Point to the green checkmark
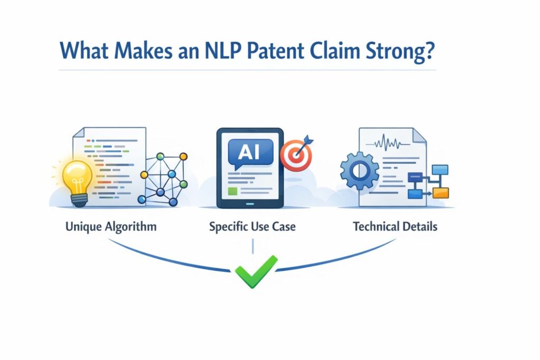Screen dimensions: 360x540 click(256, 271)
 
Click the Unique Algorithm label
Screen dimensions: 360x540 click(111, 227)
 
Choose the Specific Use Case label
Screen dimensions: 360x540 click(252, 227)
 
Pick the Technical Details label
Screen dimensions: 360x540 click(395, 227)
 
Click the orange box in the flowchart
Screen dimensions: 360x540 click(440, 193)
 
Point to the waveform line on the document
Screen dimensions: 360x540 click(390, 143)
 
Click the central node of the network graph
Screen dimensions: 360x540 click(171, 174)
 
